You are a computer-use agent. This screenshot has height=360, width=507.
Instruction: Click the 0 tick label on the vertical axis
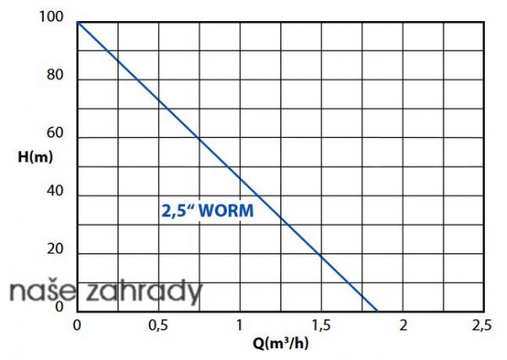click(60, 307)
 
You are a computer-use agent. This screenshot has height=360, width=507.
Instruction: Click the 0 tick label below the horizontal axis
click(78, 325)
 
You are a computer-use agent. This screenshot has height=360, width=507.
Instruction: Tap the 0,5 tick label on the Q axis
click(157, 325)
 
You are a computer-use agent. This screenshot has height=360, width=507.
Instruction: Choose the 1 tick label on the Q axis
click(240, 325)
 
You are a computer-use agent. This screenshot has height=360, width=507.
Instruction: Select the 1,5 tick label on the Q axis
click(321, 325)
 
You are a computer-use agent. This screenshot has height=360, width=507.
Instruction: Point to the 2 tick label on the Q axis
click(403, 325)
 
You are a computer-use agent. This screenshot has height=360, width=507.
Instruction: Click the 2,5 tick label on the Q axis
click(482, 325)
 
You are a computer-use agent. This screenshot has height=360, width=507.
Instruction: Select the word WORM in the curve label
click(228, 210)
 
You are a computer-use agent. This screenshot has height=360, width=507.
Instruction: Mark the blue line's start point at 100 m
click(78, 22)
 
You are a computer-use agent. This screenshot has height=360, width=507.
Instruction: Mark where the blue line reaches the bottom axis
click(377, 310)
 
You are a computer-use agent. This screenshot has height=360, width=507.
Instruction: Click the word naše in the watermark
click(31, 292)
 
